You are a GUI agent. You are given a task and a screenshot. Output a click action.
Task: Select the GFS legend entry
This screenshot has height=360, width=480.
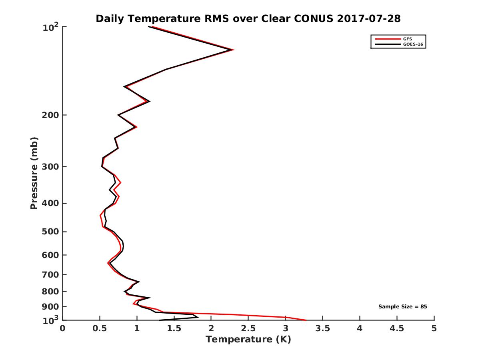[x=408, y=39]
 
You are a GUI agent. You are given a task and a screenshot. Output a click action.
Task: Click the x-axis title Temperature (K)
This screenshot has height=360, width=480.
[x=248, y=340]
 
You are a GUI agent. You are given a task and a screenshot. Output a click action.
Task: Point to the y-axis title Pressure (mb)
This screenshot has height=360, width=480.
[x=34, y=173]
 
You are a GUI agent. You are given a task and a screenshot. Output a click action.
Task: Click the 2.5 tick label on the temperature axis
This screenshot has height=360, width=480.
[x=248, y=328]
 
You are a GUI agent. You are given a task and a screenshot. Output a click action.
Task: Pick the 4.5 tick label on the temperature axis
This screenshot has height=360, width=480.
[x=397, y=328]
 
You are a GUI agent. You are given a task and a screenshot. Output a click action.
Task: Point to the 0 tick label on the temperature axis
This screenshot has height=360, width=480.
[x=63, y=328]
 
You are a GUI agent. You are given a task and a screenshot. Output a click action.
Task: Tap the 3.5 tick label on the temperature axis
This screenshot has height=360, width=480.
[x=322, y=328]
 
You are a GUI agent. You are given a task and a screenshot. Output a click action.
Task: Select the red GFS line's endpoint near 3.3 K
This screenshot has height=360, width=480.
[x=306, y=320]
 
